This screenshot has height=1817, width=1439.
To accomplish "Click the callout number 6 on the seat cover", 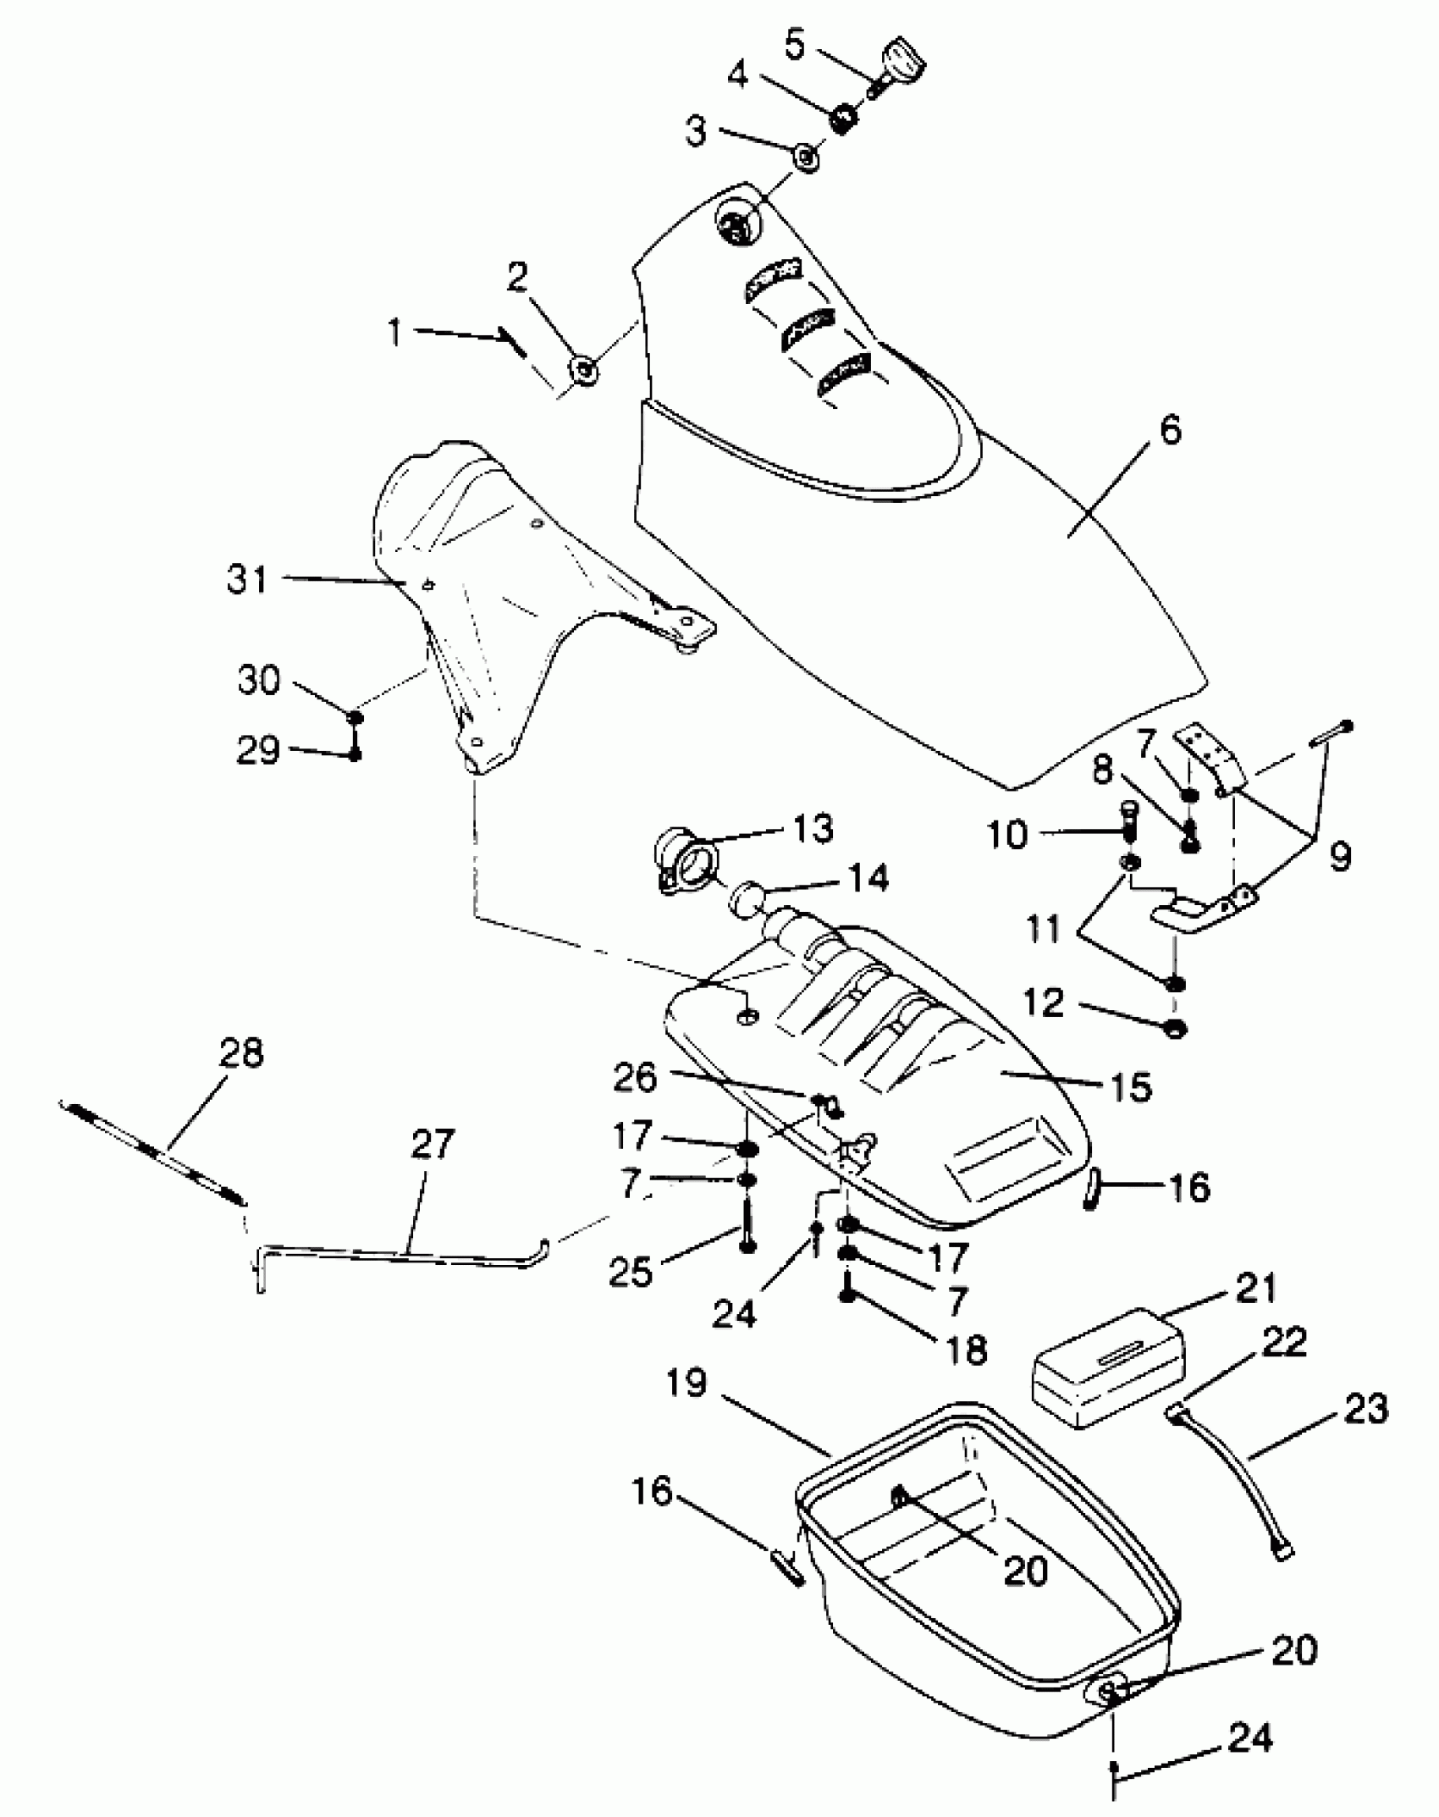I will coord(1170,430).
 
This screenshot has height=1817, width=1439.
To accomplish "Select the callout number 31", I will coord(247,579).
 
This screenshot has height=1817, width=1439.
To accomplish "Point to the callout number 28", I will coord(241,1053).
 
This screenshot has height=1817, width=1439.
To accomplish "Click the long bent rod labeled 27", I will coord(398,1254).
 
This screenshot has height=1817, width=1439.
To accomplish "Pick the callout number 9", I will coord(1339,856).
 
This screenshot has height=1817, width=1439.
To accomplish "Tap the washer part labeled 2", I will coord(583,369).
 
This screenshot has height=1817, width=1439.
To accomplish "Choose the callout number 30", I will coord(258,679).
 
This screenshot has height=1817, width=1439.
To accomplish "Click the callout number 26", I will coord(636,1077).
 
